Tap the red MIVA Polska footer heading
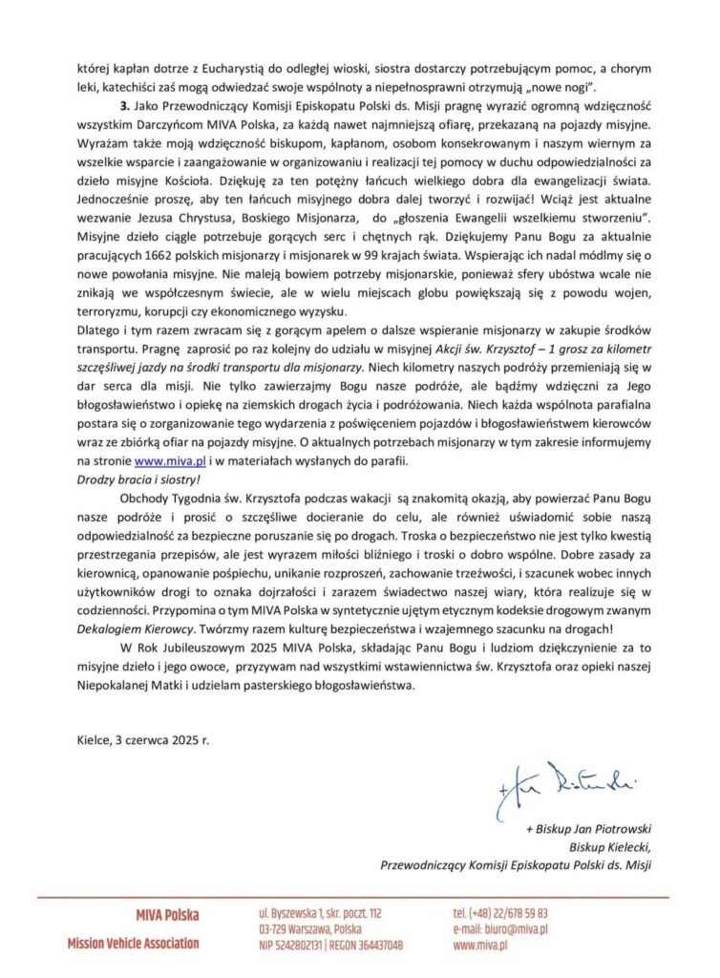coord(168,915)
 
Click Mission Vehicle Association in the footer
coord(133,944)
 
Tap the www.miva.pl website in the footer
coord(480,945)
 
